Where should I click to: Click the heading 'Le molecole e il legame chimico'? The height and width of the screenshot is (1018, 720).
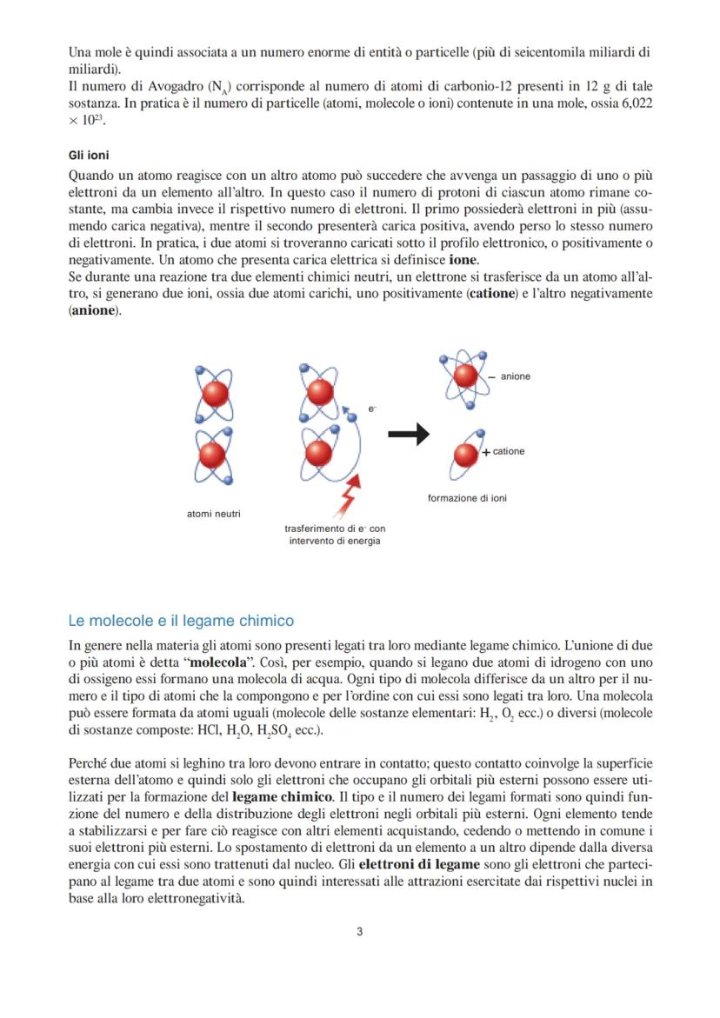click(181, 621)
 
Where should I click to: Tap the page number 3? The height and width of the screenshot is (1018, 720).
click(360, 933)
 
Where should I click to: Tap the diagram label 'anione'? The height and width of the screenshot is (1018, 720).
click(516, 376)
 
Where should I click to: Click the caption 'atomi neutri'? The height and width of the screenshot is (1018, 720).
click(214, 514)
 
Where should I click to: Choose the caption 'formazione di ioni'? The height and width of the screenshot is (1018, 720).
click(467, 498)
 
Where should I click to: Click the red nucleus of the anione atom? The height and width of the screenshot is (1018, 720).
click(466, 376)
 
